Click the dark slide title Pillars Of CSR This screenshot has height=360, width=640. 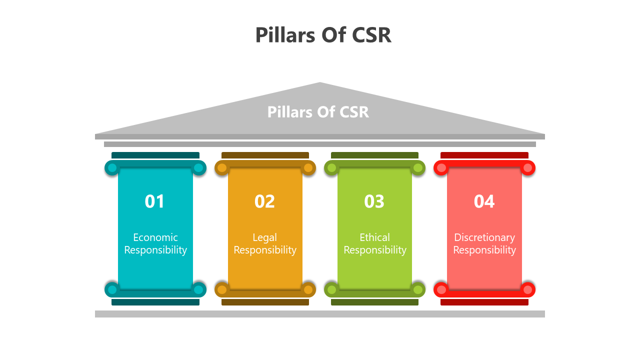point(323,35)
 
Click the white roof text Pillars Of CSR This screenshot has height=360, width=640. point(318,112)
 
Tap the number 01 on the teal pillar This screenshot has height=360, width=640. point(154,201)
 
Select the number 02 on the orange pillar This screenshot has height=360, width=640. point(264,201)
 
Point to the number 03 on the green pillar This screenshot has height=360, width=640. point(374,201)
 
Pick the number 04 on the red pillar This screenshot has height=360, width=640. point(484,201)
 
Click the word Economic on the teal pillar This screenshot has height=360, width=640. point(155,237)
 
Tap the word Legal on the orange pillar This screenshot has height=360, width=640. point(264,237)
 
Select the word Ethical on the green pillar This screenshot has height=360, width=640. point(374,237)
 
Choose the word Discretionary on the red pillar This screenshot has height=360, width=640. point(484,237)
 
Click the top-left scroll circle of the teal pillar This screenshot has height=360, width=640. point(112,168)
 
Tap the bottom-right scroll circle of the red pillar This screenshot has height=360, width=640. point(527,289)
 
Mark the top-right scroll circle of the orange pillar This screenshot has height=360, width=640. point(308,168)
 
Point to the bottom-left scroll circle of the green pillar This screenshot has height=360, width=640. point(331,289)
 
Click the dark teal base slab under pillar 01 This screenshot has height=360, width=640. point(155,302)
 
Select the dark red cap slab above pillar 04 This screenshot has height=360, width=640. point(484,155)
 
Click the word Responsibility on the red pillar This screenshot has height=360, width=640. point(484,250)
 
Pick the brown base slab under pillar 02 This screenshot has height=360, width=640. point(265,302)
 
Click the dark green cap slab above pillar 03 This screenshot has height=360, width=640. point(374,155)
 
